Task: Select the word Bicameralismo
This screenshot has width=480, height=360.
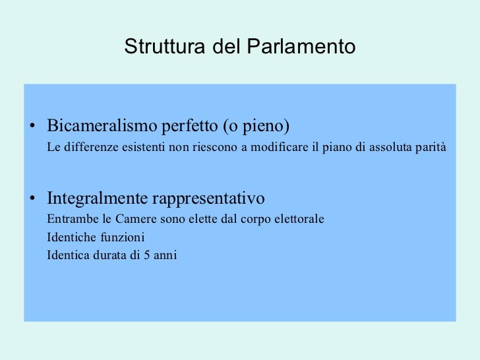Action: pyautogui.click(x=102, y=125)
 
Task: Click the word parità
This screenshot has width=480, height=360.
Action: pyautogui.click(x=431, y=146)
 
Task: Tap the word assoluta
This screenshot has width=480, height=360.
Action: pyautogui.click(x=391, y=146)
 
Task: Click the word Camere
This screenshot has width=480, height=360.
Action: pyautogui.click(x=132, y=219)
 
